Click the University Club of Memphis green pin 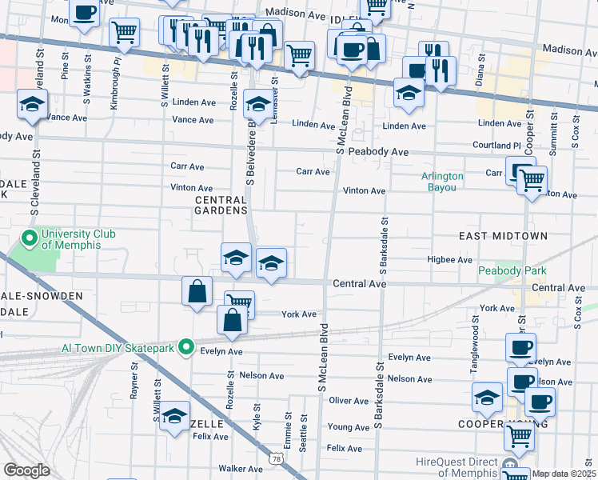[x=30, y=238]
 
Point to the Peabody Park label [x=512, y=271]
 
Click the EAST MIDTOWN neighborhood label [x=503, y=236]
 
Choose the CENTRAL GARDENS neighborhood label [x=221, y=205]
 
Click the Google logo [x=26, y=470]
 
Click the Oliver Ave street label [x=348, y=400]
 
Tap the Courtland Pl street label [x=500, y=146]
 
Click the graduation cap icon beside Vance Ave [x=33, y=105]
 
